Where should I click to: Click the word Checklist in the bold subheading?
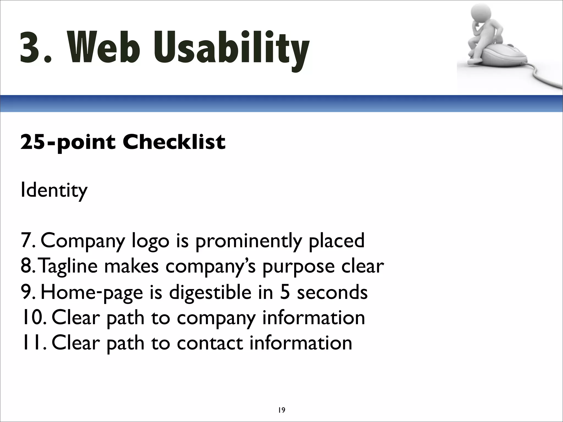coord(174,142)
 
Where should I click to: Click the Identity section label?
coord(54,190)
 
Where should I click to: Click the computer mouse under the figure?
coord(509,56)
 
